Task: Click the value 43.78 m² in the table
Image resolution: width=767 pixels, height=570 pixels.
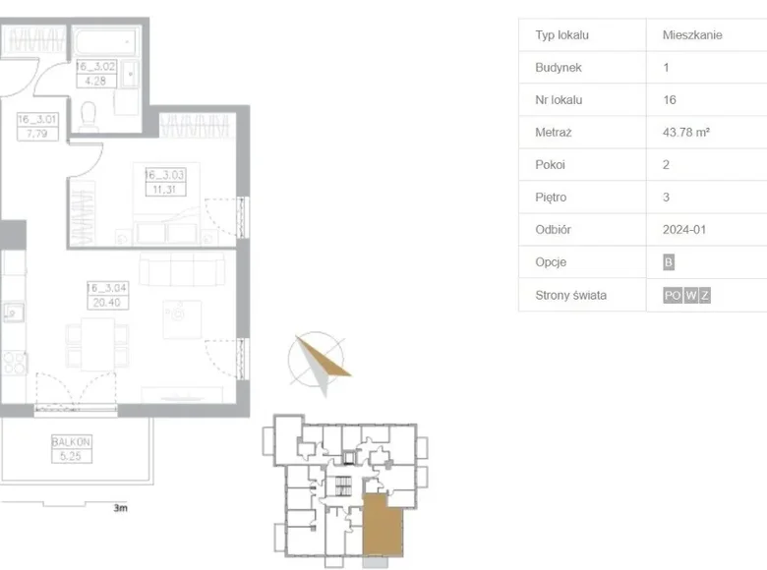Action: pyautogui.click(x=685, y=133)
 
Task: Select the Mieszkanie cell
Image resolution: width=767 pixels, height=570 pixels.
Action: pyautogui.click(x=692, y=35)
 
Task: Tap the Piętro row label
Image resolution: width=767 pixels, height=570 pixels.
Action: pyautogui.click(x=550, y=198)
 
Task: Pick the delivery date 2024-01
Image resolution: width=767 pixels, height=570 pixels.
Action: pyautogui.click(x=684, y=230)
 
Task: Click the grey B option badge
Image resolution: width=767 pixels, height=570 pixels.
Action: pyautogui.click(x=670, y=262)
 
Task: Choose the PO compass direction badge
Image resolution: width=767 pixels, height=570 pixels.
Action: pyautogui.click(x=673, y=295)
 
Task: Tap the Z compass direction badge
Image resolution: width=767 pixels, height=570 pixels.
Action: pyautogui.click(x=705, y=295)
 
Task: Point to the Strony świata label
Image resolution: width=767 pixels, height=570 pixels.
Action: pyautogui.click(x=570, y=295)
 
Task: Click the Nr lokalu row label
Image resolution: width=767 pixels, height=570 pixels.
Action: pyautogui.click(x=559, y=100)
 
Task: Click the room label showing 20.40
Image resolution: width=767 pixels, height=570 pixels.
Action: pyautogui.click(x=103, y=295)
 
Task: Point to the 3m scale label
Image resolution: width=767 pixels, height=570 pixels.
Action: pyautogui.click(x=120, y=509)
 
